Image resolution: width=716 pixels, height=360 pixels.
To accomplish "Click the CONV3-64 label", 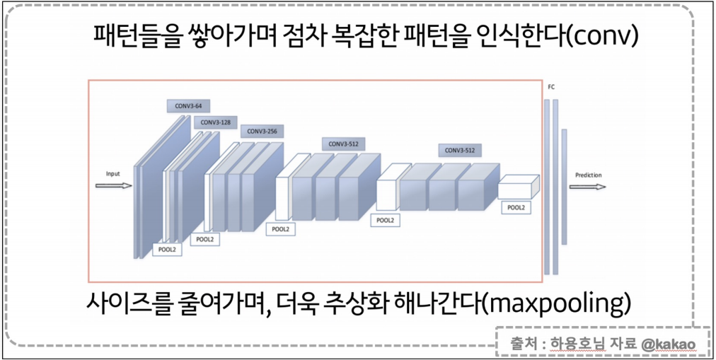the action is point(189,106).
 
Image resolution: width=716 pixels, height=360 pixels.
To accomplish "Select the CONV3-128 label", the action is point(215,122).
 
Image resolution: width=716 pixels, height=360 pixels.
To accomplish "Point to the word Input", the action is point(113,173).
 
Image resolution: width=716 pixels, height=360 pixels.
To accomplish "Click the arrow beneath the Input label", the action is point(113,186).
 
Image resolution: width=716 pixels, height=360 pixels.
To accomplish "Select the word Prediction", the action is point(588,175).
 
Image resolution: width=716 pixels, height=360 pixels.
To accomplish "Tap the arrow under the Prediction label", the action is point(587,187).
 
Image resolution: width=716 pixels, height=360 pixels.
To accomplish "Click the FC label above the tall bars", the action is point(551,87).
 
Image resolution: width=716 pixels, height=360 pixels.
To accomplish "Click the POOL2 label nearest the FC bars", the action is point(515,207).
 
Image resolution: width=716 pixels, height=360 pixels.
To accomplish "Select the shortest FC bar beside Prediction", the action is point(564,187).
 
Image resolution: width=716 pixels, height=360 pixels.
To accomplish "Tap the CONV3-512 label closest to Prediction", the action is point(460,150).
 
